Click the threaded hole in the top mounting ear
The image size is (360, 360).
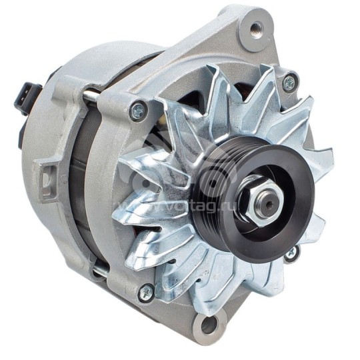tap(256, 29)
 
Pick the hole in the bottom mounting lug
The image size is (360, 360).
tap(209, 327)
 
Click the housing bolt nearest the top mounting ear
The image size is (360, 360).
tap(288, 83)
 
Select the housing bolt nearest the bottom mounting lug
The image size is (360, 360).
tap(146, 291)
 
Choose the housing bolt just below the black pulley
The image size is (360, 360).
tap(291, 253)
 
